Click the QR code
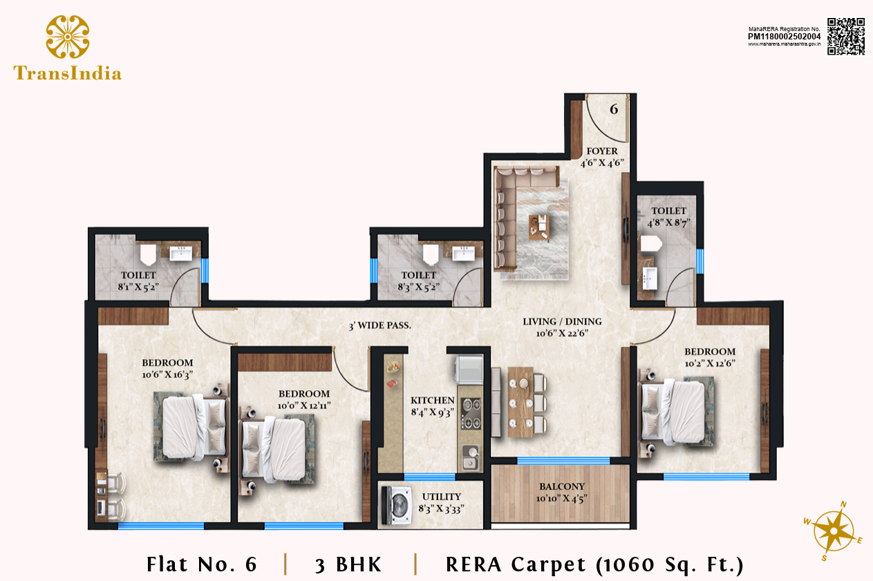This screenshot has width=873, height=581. (846, 36)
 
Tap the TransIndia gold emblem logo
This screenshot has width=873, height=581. (68, 37)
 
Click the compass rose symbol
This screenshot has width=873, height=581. (833, 531)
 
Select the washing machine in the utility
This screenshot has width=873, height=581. (397, 506)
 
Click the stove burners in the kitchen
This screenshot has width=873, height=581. (471, 414)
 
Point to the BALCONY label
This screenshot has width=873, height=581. (562, 487)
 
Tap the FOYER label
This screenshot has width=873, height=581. (602, 151)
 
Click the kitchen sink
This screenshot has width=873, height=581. (471, 459)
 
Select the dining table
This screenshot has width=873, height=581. (520, 402)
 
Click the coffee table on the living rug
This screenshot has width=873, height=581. (539, 227)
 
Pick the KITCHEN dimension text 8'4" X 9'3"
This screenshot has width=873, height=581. (433, 412)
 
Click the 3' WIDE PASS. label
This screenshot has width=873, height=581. (380, 325)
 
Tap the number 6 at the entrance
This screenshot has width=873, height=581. (614, 109)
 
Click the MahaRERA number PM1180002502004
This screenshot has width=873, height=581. (784, 36)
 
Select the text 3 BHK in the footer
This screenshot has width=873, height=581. (348, 564)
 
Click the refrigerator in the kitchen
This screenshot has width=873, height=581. (469, 369)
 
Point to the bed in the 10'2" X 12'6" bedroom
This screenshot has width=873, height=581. (676, 412)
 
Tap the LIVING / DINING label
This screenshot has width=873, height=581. (562, 322)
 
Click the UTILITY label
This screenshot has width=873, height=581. (442, 497)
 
